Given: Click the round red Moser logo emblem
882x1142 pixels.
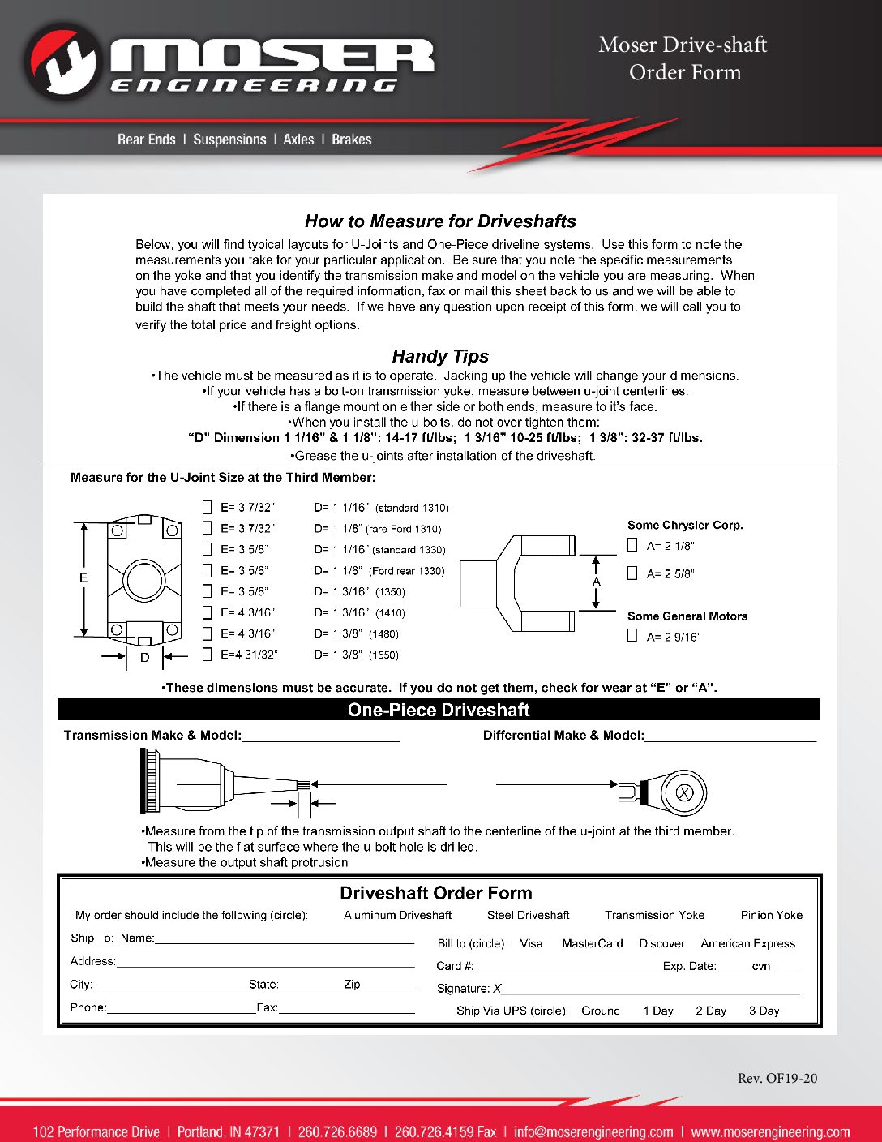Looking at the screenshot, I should point(62,62).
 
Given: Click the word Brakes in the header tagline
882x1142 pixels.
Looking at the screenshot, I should point(351,140).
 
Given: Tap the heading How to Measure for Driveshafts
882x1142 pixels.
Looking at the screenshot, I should point(440,221).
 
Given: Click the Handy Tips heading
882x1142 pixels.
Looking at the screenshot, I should point(440,356).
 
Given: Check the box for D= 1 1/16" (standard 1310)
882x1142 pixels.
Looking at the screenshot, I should point(207,508).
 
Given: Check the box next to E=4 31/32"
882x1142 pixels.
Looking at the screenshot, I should point(207,655).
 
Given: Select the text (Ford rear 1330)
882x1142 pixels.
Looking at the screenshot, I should point(407,571).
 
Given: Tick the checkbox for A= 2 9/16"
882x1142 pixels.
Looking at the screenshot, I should point(632,636).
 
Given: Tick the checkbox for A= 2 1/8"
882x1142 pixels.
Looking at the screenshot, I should point(632,545).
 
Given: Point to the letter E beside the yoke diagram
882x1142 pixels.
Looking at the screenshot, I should point(83,578).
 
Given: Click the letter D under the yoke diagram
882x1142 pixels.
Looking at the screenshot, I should point(145,658).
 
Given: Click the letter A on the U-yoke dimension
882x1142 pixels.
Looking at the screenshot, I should point(597,582).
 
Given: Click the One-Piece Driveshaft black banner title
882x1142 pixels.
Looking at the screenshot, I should point(439,710).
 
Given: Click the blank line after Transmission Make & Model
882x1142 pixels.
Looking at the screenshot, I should point(320,736).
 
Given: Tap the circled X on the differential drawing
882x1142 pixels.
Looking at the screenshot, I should point(684,793).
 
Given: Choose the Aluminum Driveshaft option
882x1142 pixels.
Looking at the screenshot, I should point(397,915).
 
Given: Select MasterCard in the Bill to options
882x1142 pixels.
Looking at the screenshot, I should point(593,943).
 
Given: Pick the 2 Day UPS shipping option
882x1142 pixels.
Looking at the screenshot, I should point(710,1011).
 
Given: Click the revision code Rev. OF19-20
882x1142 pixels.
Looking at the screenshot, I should point(777,1078).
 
